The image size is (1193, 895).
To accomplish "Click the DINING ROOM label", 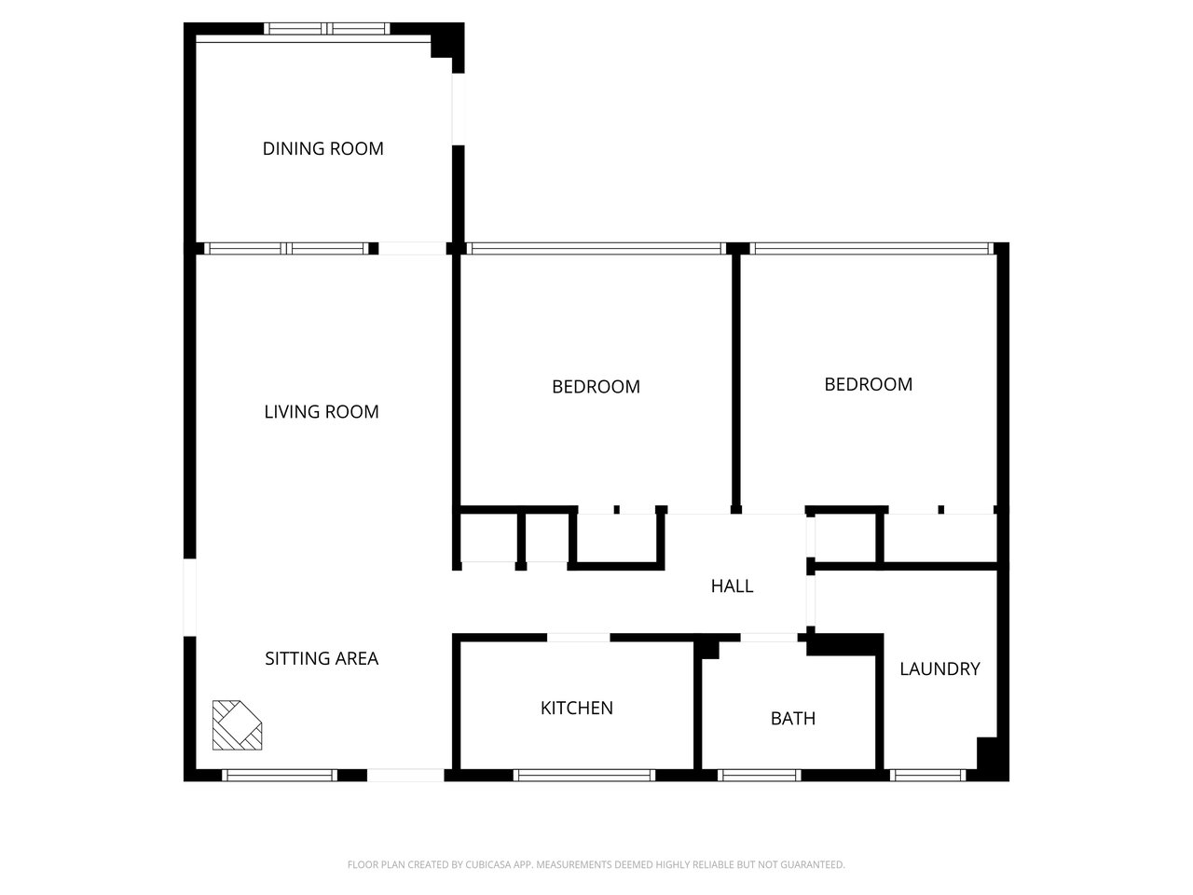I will coord(322,148).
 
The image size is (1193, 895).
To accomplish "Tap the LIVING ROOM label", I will coord(322,411).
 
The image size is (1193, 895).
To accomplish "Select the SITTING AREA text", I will coord(322,658).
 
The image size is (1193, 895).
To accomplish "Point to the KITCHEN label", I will coord(577,708).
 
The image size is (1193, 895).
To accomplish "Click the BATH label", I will coord(793,718).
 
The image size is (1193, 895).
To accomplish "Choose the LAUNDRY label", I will coord(939,668).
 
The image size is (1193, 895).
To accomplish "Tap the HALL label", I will coord(732,585).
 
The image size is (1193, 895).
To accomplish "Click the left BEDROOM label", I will coord(596,386).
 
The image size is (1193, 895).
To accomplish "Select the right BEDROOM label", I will coord(868,384).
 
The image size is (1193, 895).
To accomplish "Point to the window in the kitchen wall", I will coord(584,775).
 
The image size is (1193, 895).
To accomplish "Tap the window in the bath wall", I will coord(760,775).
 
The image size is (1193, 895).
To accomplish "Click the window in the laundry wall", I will coord(928,775).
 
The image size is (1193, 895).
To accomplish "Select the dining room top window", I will coord(327,29).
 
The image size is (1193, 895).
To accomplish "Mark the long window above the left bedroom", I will coord(595,249).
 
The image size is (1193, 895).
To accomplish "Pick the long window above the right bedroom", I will coord(869,249).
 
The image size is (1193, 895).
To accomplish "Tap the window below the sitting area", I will coord(279,775).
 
